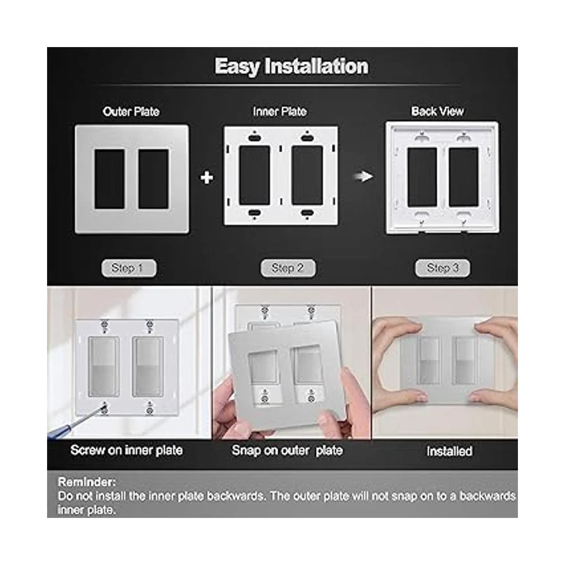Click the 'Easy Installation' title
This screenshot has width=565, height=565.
[x=291, y=66]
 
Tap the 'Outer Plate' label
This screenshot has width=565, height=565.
[x=131, y=112]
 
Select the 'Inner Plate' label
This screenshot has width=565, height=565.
[x=280, y=112]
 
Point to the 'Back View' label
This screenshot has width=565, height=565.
[x=437, y=112]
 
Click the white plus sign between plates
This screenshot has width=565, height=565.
[x=207, y=178]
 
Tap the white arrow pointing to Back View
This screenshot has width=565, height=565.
[x=364, y=177]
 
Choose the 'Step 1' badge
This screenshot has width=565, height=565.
[x=129, y=268]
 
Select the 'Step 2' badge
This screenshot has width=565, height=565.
[x=288, y=268]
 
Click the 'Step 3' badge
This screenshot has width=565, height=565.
[x=443, y=268]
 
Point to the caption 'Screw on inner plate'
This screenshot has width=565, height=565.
[x=127, y=451]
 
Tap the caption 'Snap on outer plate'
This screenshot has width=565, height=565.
[x=287, y=451]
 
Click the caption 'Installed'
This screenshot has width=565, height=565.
[x=450, y=451]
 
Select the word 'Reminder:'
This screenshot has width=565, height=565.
[x=87, y=482]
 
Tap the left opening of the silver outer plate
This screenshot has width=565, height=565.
[x=109, y=179]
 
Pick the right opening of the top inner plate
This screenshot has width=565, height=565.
[x=307, y=175]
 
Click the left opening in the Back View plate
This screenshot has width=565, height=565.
[x=422, y=177]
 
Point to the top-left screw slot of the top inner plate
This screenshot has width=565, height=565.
[x=254, y=137]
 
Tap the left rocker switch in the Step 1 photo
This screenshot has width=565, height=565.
[x=104, y=367]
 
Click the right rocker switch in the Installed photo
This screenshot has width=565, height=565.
[x=465, y=361]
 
